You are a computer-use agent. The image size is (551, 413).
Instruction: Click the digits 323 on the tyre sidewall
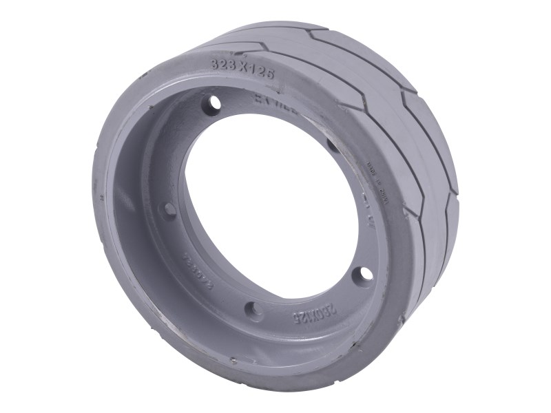[222, 64]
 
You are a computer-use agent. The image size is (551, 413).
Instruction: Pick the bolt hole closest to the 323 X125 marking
[214, 103]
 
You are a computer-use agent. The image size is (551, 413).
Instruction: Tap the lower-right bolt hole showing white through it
[362, 275]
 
